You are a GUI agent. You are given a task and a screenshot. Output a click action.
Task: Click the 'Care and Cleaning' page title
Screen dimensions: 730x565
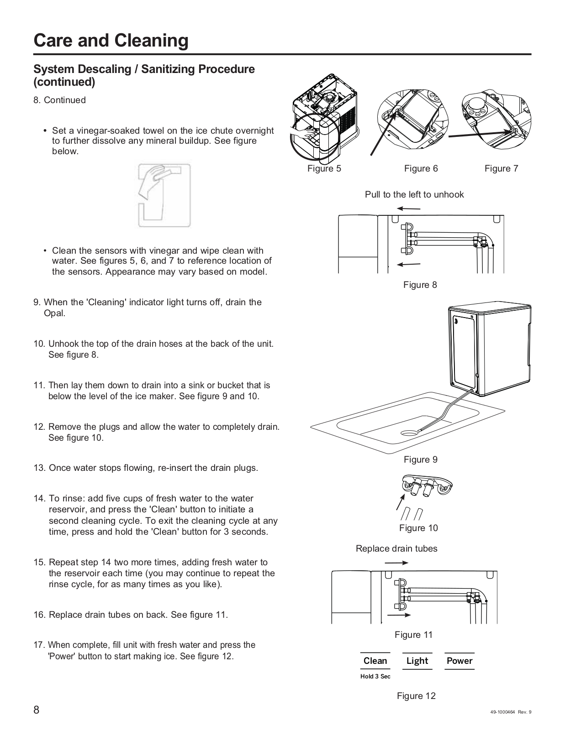pyautogui.click(x=111, y=41)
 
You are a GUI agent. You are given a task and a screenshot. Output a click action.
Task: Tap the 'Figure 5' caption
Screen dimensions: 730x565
pyautogui.click(x=324, y=168)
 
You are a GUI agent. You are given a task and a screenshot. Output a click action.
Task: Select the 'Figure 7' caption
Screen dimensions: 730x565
pyautogui.click(x=501, y=168)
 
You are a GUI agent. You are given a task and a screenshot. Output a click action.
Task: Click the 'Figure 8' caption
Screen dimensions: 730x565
pyautogui.click(x=420, y=285)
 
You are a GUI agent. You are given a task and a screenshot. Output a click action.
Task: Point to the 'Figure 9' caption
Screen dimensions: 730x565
pyautogui.click(x=420, y=459)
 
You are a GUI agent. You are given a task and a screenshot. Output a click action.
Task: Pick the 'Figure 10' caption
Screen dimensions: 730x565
pyautogui.click(x=418, y=528)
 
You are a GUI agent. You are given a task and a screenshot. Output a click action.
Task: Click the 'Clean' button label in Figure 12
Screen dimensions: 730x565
pyautogui.click(x=375, y=661)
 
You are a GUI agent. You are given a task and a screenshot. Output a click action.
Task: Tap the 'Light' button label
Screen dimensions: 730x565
pyautogui.click(x=417, y=661)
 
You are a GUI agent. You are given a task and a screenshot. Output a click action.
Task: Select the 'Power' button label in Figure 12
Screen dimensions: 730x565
pyautogui.click(x=459, y=661)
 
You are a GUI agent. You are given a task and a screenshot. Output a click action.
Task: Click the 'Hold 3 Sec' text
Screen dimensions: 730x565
pyautogui.click(x=375, y=676)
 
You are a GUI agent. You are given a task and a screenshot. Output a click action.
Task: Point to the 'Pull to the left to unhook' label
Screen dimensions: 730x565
pyautogui.click(x=414, y=194)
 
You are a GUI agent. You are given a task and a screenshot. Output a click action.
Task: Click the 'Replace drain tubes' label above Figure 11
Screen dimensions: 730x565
pyautogui.click(x=396, y=548)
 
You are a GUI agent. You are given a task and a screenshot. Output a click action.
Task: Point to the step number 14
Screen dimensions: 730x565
pyautogui.click(x=39, y=498)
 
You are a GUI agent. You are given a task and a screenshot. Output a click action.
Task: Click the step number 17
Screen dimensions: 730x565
pyautogui.click(x=39, y=645)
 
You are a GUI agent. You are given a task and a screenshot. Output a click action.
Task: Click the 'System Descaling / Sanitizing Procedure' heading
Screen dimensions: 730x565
pyautogui.click(x=144, y=69)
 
